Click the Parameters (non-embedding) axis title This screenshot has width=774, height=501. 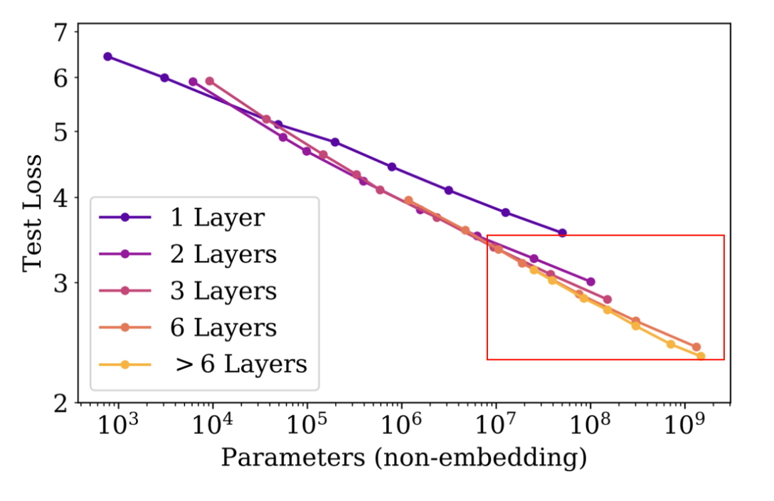coord(403,458)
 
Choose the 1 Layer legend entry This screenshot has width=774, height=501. coord(217,217)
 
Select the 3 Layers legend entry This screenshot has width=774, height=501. coord(223,291)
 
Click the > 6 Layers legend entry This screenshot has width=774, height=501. coord(240,364)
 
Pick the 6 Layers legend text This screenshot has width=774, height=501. coord(223,328)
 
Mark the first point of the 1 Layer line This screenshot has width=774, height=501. coord(107,56)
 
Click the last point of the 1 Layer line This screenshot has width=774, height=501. coord(562,233)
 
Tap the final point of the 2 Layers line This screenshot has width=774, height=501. coord(590,282)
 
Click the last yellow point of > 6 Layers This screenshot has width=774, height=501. coord(701,356)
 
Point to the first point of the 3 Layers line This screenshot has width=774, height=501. coord(209,81)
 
